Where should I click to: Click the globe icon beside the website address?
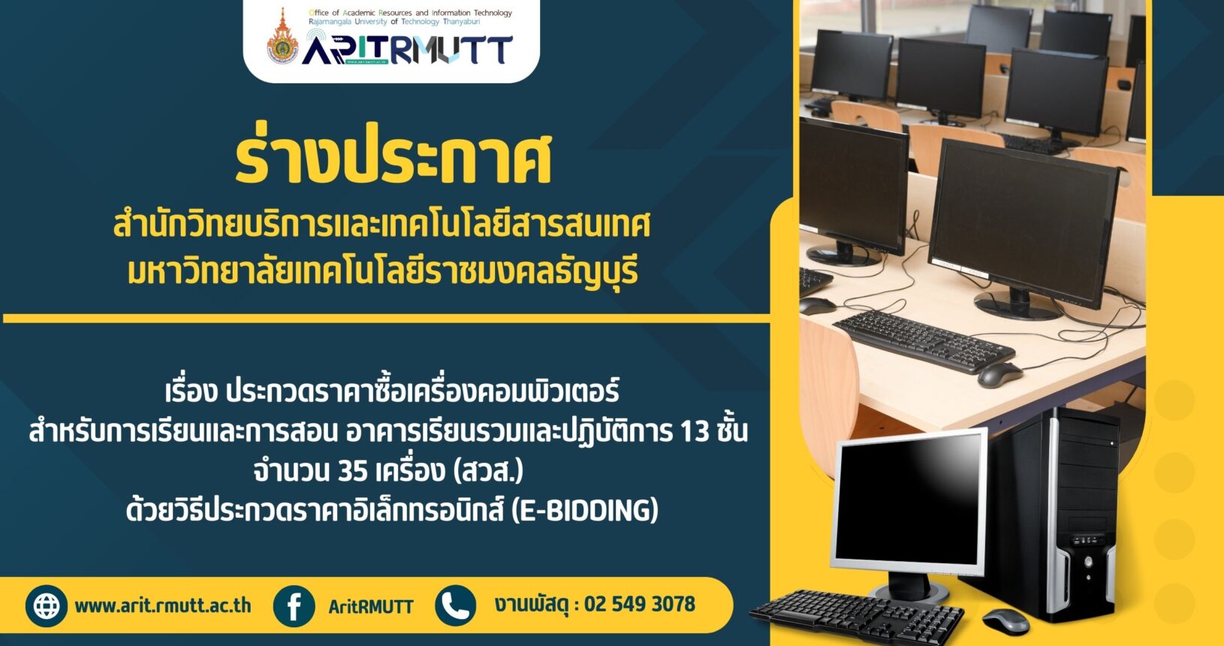[47, 605]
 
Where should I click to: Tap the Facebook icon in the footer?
[294, 605]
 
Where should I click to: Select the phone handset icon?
[455, 605]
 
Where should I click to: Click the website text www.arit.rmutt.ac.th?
[163, 605]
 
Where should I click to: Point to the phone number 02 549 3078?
[639, 604]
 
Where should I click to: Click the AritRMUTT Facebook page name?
[371, 606]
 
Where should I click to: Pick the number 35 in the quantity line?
[353, 471]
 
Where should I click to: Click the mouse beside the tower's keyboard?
[1005, 621]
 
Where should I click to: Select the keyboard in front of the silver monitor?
[857, 617]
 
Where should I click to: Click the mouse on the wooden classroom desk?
[999, 376]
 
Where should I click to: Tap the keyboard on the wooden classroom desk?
[924, 342]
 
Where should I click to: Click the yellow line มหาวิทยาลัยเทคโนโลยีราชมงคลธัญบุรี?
[382, 272]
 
